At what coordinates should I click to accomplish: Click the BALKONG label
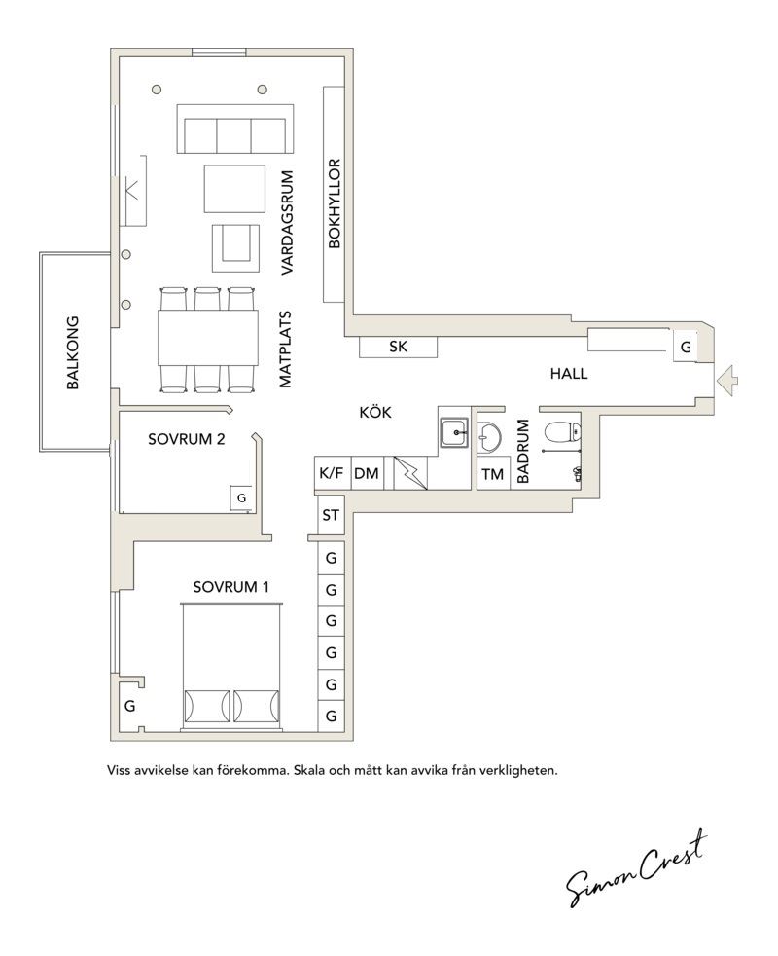tap(73, 352)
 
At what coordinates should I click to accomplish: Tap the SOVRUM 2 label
tap(187, 439)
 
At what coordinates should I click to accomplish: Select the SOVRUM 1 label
tap(230, 587)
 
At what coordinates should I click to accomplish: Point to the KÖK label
tap(375, 412)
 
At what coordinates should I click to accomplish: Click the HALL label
tap(569, 374)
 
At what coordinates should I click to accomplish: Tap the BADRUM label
tap(523, 451)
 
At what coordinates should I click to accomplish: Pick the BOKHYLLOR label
tap(335, 203)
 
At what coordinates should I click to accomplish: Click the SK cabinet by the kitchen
tap(399, 347)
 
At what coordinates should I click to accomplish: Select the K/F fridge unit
tap(332, 473)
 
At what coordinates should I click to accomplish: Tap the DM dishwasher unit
tap(367, 473)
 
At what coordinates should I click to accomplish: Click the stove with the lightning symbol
tap(409, 473)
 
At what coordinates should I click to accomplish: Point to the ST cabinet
tap(331, 516)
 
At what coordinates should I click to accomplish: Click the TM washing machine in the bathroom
tap(492, 474)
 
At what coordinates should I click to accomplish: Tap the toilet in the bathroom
tap(560, 432)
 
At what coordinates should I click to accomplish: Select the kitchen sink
tap(454, 433)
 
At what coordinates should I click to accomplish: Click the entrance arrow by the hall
tap(727, 381)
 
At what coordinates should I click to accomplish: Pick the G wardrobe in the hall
tap(686, 347)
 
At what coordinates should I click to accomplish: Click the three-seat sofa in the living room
tap(235, 129)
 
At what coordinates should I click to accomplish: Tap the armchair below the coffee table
tap(235, 247)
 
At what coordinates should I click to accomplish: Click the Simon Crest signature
tap(637, 867)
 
